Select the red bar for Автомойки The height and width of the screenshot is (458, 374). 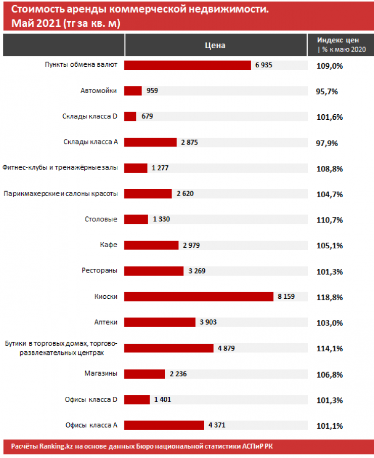tap(133, 90)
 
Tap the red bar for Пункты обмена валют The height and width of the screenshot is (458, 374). tap(188, 65)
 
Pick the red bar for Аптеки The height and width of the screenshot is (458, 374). tap(160, 323)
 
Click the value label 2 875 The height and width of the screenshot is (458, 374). tap(190, 143)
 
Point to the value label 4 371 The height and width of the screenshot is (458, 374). tap(217, 426)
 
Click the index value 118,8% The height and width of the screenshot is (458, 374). tap(331, 297)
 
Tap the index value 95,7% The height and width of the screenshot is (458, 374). tap(327, 91)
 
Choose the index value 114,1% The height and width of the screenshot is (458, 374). tap(331, 349)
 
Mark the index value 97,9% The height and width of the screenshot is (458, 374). tap(327, 143)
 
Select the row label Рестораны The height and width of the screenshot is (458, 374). tap(100, 270)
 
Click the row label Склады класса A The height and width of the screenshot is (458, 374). tap(91, 142)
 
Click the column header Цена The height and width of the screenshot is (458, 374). tap(215, 45)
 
